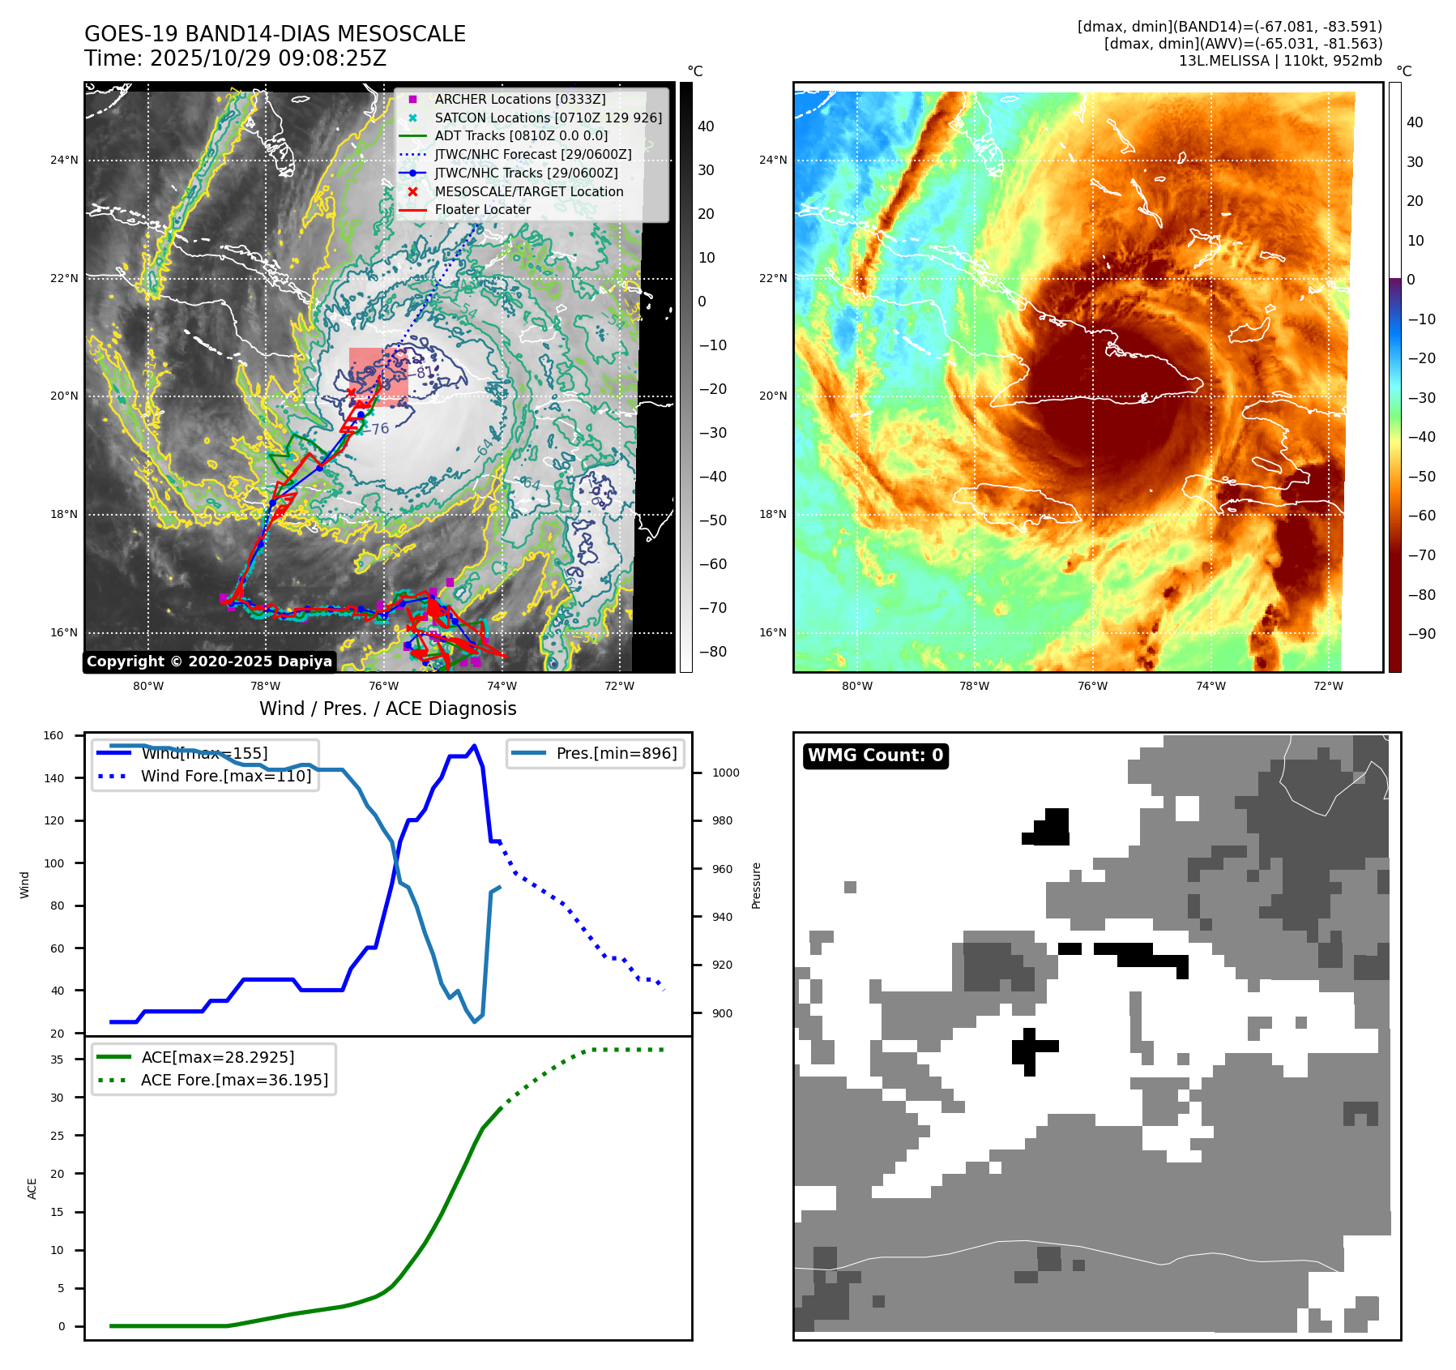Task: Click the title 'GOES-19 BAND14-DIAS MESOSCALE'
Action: click(275, 34)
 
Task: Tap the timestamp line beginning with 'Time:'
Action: click(235, 58)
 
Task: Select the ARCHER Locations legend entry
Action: click(519, 99)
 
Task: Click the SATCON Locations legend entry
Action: click(548, 118)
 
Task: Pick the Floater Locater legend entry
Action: click(482, 209)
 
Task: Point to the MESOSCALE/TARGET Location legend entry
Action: click(528, 191)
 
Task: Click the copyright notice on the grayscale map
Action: click(209, 661)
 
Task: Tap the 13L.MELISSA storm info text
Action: click(1280, 61)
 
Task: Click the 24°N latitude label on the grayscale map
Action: click(64, 160)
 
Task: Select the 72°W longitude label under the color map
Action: click(1328, 686)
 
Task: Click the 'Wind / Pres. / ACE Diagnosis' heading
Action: click(387, 709)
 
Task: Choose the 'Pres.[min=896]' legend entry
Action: click(616, 753)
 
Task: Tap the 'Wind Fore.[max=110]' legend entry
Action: click(225, 776)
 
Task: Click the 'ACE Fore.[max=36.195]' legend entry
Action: click(234, 1080)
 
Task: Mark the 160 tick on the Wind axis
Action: click(53, 735)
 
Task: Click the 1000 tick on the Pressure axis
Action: click(725, 773)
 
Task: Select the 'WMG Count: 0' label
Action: click(875, 756)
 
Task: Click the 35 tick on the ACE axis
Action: click(57, 1060)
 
